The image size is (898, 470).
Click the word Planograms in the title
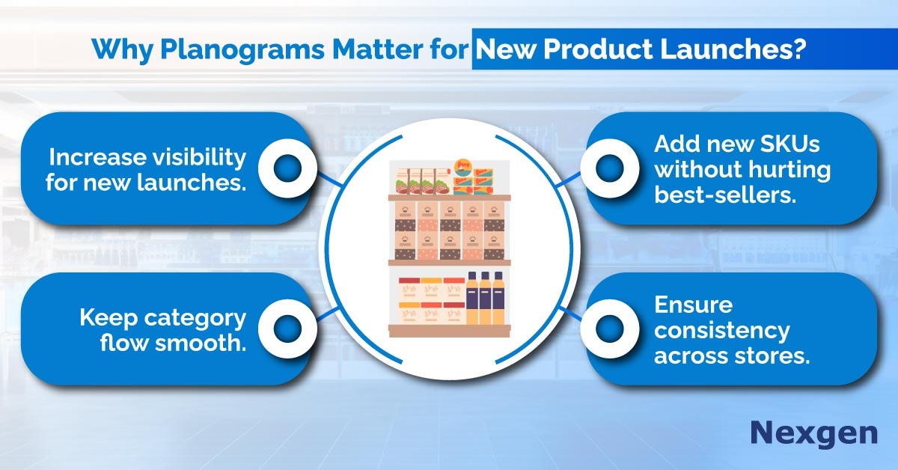click(x=242, y=50)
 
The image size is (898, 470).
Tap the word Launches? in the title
click(x=733, y=49)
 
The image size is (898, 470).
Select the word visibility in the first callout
click(x=193, y=156)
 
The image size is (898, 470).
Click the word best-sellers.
click(x=725, y=195)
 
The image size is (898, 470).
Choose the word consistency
click(x=722, y=331)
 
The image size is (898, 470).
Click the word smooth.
click(x=201, y=343)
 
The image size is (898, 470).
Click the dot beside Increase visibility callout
click(x=287, y=168)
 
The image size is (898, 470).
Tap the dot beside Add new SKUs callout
click(x=610, y=168)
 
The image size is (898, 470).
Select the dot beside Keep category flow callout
click(x=287, y=329)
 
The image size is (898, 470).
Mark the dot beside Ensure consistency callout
click(x=610, y=329)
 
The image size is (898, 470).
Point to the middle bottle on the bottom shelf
click(x=485, y=298)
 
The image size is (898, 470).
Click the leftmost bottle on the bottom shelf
click(x=472, y=298)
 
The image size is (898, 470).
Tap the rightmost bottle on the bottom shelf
click(x=498, y=298)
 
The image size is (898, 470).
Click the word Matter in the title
click(x=377, y=49)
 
